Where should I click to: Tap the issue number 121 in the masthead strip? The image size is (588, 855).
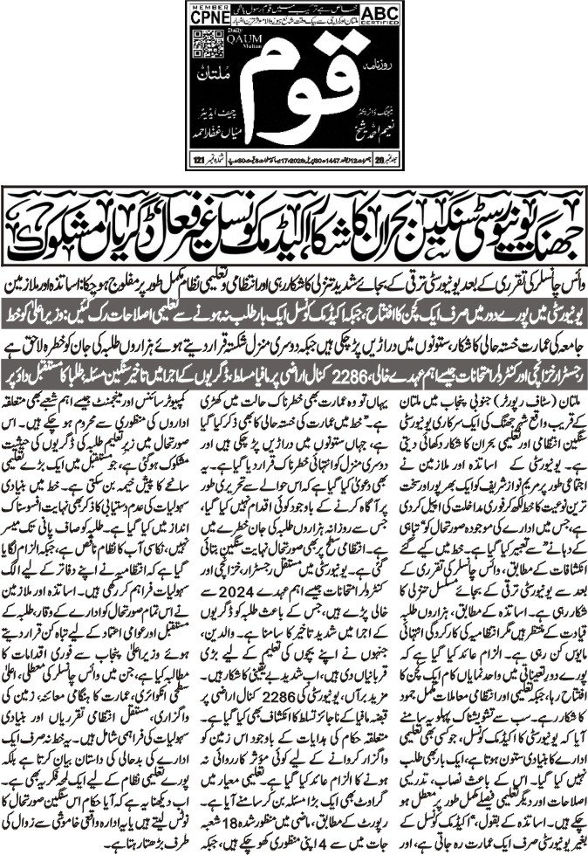200,159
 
